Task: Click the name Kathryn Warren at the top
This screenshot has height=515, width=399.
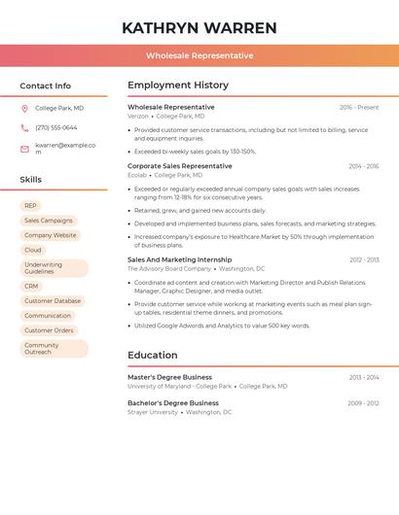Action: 199,28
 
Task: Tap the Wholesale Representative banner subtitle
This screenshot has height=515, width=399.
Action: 199,55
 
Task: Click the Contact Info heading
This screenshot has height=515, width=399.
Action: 46,86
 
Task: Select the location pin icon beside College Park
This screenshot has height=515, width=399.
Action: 24,108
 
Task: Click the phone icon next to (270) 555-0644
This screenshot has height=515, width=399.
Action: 24,127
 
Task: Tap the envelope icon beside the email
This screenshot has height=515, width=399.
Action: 24,149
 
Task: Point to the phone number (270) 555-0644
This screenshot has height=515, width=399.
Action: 55,127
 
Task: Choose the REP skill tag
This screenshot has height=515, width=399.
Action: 30,206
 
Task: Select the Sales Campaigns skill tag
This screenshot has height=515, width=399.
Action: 48,221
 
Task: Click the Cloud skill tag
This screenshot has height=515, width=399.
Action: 33,250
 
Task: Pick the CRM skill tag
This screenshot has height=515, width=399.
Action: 31,287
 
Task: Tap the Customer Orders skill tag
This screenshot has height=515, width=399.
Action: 49,330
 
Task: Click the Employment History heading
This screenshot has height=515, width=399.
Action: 178,86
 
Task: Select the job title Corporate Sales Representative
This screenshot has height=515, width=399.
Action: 180,166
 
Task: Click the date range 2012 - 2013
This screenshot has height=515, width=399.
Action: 364,260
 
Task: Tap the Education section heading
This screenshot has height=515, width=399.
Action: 153,355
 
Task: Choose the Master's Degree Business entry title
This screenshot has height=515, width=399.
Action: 169,377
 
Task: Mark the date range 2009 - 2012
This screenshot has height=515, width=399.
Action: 363,403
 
